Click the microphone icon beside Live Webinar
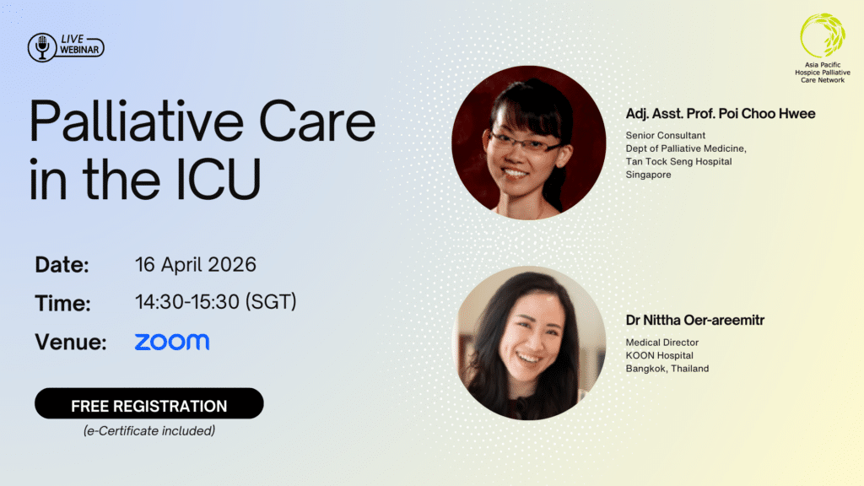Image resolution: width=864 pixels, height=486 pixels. point(41,47)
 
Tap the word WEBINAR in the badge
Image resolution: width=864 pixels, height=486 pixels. point(80,51)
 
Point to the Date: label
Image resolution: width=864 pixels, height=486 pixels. point(62,265)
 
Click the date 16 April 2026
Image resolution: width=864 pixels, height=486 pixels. point(196,265)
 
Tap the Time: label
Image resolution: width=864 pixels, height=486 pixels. point(62,303)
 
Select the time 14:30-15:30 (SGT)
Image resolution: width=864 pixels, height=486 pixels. point(216,302)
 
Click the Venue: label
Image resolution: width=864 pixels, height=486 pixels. point(71,342)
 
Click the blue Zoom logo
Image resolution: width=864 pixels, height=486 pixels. point(172,342)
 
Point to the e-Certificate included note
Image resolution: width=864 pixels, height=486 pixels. point(148,431)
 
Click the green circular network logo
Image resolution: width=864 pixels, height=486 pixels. point(822,35)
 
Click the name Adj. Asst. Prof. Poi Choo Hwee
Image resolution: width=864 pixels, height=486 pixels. point(721,113)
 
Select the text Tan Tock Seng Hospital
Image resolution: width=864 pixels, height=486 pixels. point(678,161)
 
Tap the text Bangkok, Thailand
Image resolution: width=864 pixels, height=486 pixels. point(667,369)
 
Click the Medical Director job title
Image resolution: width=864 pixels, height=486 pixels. point(661,343)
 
